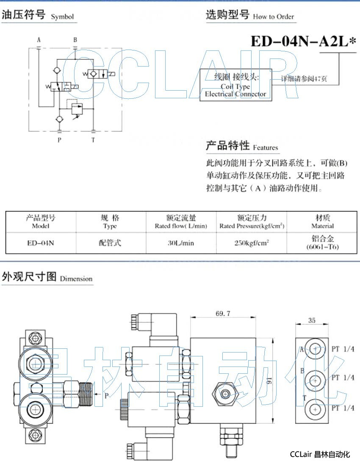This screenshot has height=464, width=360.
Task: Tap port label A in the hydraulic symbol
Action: coord(39,40)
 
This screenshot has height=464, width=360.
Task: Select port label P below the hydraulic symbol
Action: coord(59,140)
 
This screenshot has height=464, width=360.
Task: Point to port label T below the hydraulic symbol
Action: coord(93,140)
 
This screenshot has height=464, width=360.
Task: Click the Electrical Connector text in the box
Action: coord(235,94)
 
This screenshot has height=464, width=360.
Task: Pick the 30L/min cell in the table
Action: coord(181,243)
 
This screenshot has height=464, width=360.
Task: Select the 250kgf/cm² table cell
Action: coord(252,243)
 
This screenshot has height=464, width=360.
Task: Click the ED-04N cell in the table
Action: coord(41,243)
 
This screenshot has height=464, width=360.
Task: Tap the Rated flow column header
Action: coord(181,226)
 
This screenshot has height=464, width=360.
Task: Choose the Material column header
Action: coord(322,226)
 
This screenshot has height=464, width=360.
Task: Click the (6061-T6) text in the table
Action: coord(322,247)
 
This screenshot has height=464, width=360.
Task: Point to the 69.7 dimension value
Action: coord(223,314)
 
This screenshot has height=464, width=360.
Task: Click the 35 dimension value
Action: coord(312,321)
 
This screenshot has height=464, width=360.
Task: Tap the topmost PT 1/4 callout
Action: coord(343,349)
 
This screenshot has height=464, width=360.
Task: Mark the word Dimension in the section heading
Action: coord(76,279)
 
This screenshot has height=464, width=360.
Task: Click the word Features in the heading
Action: coord(265,148)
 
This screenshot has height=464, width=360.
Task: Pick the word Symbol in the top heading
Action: coord(62,17)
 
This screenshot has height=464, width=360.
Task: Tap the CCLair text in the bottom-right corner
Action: coord(301,455)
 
